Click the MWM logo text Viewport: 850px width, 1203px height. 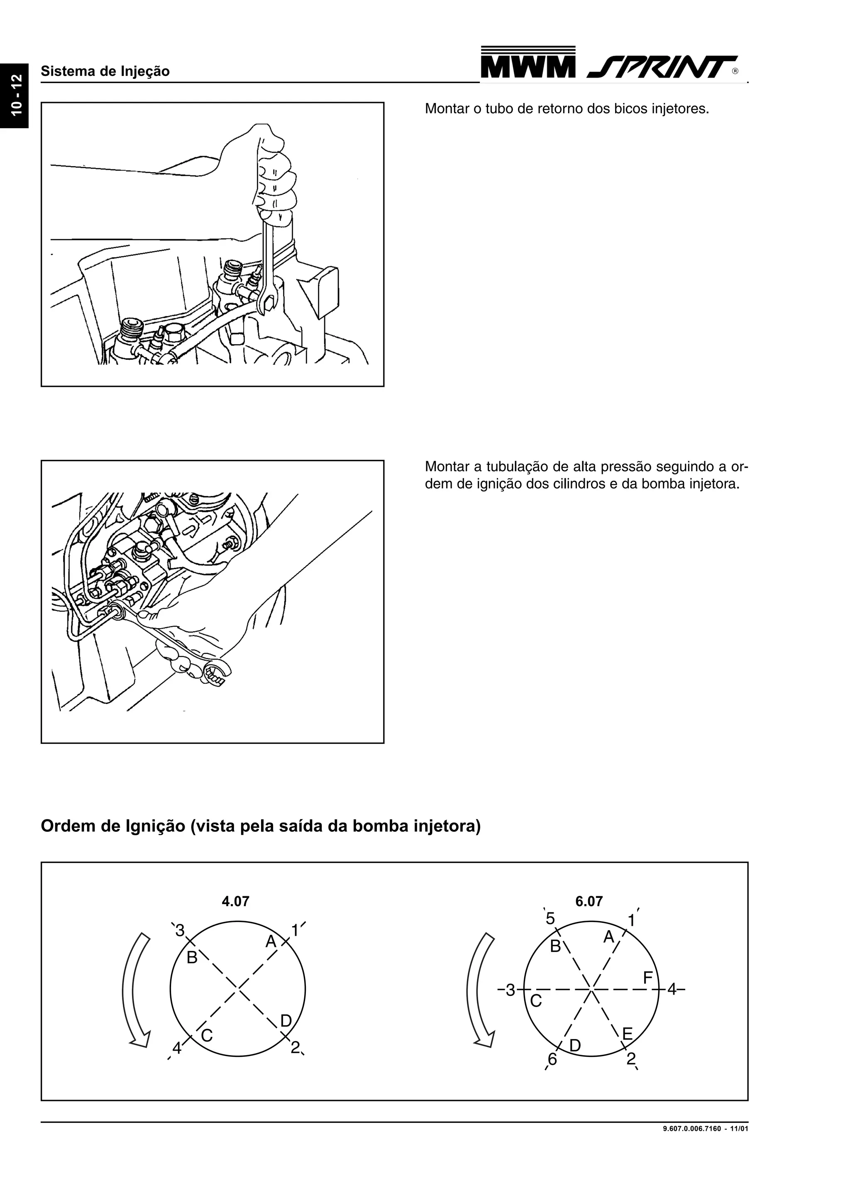528,66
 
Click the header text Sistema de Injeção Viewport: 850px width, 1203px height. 105,71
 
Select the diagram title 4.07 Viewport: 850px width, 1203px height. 235,901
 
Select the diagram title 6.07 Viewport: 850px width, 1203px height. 589,901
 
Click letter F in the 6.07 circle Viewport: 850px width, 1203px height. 648,978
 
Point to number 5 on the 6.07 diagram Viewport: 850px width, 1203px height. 550,919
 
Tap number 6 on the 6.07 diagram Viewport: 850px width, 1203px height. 552,1059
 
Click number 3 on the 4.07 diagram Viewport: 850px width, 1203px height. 180,931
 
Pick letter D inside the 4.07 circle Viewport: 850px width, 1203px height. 286,1021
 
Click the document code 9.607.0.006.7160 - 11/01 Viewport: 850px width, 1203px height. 705,1129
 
